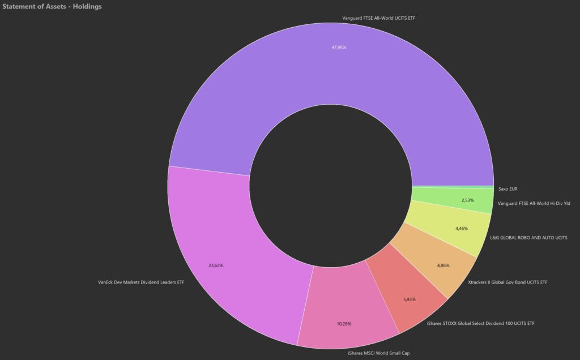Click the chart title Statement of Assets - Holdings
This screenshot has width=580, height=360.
pyautogui.click(x=52, y=6)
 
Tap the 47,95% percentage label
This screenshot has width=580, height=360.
pyautogui.click(x=339, y=48)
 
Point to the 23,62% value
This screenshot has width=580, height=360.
pyautogui.click(x=216, y=265)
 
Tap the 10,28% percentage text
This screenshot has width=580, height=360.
pyautogui.click(x=344, y=324)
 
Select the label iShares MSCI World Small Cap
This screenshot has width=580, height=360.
pyautogui.click(x=378, y=353)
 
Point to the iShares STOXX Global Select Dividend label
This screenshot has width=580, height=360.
pyautogui.click(x=480, y=324)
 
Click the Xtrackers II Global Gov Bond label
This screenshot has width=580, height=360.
pyautogui.click(x=507, y=281)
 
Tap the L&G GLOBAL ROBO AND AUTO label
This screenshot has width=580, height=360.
pyautogui.click(x=528, y=238)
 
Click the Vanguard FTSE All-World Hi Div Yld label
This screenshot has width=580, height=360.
pyautogui.click(x=533, y=204)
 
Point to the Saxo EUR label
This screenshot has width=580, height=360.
pyautogui.click(x=508, y=188)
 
